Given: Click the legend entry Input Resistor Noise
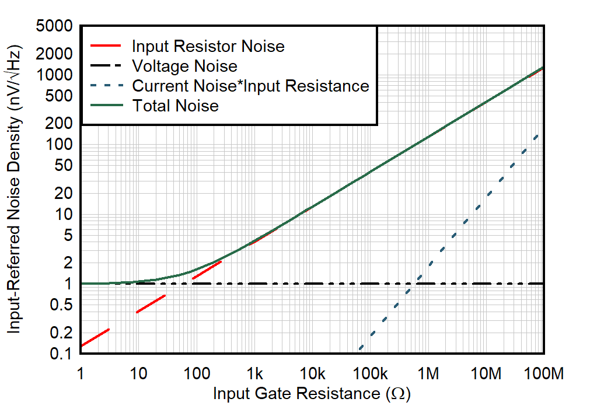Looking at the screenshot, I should coord(208,46).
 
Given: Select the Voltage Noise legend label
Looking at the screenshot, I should coord(184,66).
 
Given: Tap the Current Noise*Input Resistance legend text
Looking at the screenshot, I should coord(251,86).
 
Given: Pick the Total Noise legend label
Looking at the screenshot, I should coord(175,106).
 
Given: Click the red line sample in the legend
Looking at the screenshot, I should coord(106,46).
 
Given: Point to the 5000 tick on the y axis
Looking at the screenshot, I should coord(55,27).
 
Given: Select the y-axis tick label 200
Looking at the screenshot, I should coord(60,124).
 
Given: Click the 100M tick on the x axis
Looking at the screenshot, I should coord(544,374).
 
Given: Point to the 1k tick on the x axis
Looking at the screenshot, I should coord(254,374).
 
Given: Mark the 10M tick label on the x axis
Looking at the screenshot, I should coord(486,374).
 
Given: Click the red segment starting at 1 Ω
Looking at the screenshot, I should coord(95,338).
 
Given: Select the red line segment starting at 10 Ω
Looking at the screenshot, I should coord(151,304).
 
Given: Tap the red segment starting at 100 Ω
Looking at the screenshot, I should coord(207,270).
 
